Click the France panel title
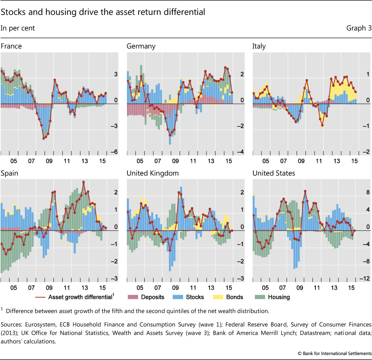pyautogui.click(x=11, y=46)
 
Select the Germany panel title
pyautogui.click(x=141, y=46)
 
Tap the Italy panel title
pyautogui.click(x=259, y=46)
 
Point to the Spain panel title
pyautogui.click(x=10, y=173)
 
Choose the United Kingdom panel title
pyautogui.click(x=152, y=173)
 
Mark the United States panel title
pyautogui.click(x=274, y=173)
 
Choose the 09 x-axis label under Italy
pyautogui.click(x=301, y=162)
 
